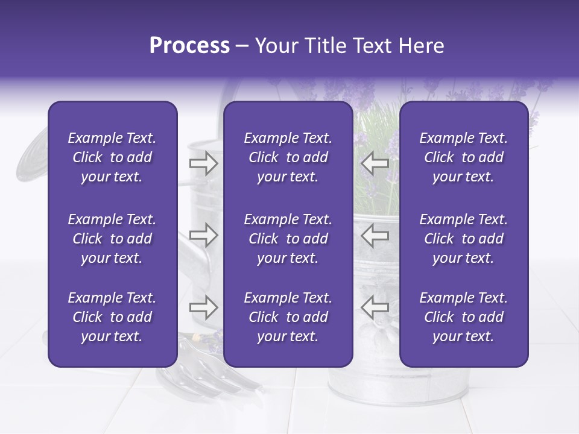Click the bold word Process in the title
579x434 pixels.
click(189, 46)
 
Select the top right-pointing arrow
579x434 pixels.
click(204, 163)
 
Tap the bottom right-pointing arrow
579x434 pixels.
click(204, 307)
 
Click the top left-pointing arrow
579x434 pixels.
click(375, 163)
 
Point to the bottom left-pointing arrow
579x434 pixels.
click(375, 307)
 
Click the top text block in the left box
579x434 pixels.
click(112, 157)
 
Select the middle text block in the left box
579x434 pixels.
click(112, 239)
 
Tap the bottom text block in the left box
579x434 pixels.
click(112, 317)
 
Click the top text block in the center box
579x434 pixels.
click(288, 157)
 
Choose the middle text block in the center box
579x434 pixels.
click(288, 239)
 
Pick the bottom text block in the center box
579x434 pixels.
click(288, 317)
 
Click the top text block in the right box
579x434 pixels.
click(463, 157)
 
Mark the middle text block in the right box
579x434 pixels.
click(463, 239)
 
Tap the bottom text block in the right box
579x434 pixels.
click(463, 317)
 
